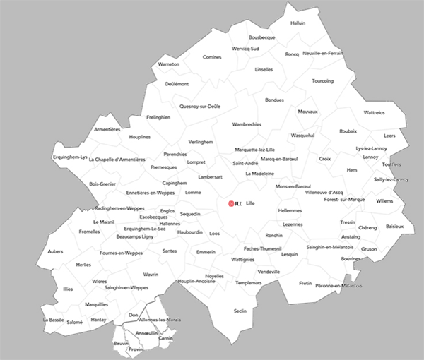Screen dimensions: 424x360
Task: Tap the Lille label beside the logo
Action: [x=249, y=203]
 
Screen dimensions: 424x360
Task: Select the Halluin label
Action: [x=298, y=23]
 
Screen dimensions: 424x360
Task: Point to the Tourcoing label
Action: [x=322, y=81]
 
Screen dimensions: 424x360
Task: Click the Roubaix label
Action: [x=348, y=131]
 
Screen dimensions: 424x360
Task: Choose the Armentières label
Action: [x=107, y=129]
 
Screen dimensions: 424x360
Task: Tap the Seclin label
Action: [x=240, y=311]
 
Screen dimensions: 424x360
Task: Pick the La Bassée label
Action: [x=54, y=319]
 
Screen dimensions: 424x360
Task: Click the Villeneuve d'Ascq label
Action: [x=324, y=192]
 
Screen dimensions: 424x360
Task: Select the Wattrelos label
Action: [x=374, y=112]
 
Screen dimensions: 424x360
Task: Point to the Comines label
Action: [x=212, y=57]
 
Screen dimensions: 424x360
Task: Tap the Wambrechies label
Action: [x=247, y=124]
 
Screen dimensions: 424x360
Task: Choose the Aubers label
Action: [x=55, y=251]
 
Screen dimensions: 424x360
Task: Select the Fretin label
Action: [x=305, y=283]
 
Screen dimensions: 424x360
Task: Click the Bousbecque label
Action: [x=261, y=37]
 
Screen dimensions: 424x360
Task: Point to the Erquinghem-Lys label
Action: [x=70, y=157]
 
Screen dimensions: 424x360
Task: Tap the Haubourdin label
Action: [x=190, y=232]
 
